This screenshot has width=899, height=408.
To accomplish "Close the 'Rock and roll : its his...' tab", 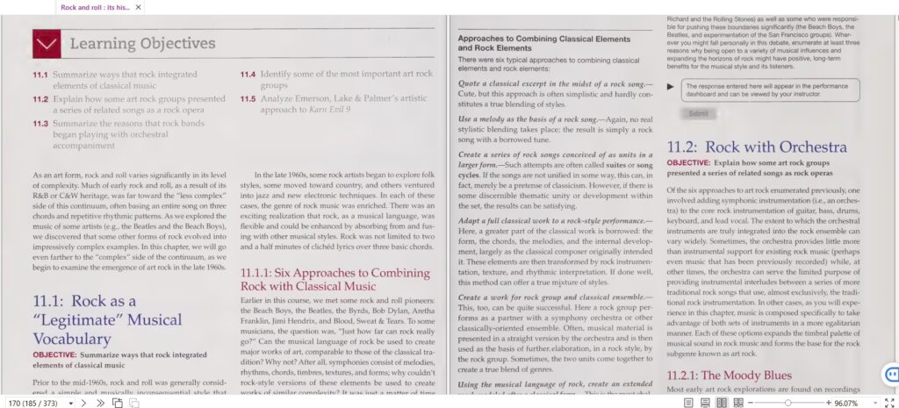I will point(138,7).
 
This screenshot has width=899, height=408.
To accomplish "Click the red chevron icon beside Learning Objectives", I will point(46,44).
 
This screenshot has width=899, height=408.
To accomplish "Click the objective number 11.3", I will point(40,124).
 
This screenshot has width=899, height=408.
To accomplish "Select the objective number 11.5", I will point(248,99).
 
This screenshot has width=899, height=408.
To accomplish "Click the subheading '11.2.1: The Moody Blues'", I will point(730,376).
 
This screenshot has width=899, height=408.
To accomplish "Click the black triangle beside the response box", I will point(672,86).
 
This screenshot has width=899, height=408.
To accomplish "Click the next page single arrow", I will point(83,403).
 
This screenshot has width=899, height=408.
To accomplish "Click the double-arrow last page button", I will point(100,403).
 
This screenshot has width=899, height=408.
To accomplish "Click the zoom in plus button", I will point(828,403).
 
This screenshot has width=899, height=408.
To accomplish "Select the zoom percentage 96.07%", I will point(846,403).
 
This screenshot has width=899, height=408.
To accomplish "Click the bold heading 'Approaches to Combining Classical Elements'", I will point(544,40).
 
